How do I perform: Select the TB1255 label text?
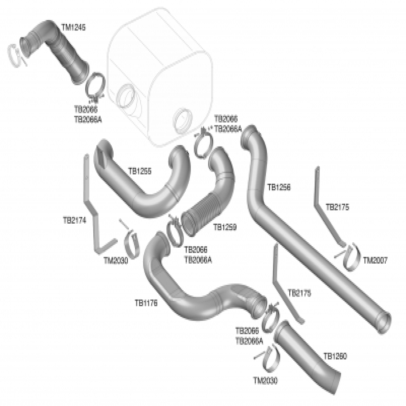point(140,172)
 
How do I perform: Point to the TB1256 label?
point(279,187)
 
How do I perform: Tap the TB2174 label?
point(74,221)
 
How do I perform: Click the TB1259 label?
point(224,227)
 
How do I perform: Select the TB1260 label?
point(335,356)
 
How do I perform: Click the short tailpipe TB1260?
point(304,355)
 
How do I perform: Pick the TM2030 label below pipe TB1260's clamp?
point(265,381)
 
